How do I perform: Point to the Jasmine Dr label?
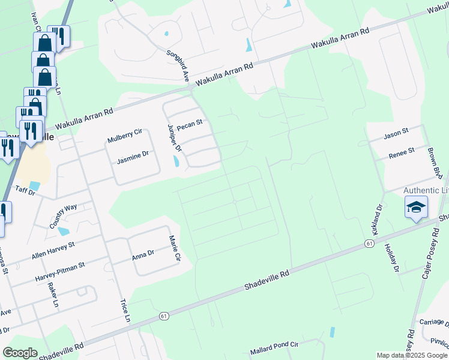pos(132,154)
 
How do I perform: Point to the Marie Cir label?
pos(175,248)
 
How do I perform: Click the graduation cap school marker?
pos(416,208)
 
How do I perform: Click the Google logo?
pos(20,353)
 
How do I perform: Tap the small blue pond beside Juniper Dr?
pos(175,161)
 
